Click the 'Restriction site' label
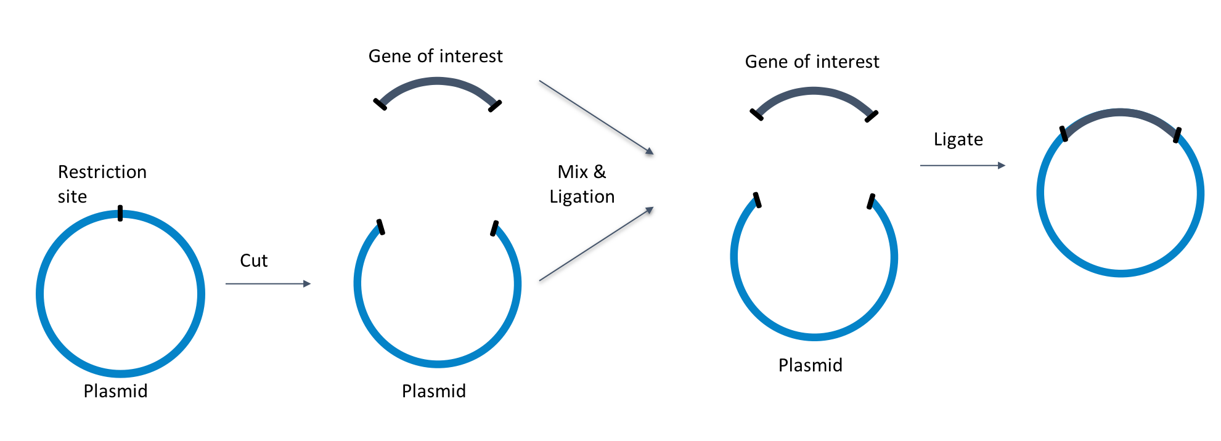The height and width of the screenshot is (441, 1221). pyautogui.click(x=102, y=184)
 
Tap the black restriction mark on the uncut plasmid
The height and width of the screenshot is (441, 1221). pyautogui.click(x=120, y=213)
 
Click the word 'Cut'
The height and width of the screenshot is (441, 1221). pyautogui.click(x=253, y=261)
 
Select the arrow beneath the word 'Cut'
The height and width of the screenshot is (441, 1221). pyautogui.click(x=268, y=284)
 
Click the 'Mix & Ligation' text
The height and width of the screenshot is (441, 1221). pyautogui.click(x=582, y=184)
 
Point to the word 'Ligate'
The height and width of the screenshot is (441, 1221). pyautogui.click(x=958, y=139)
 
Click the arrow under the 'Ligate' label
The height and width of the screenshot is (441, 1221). pyautogui.click(x=962, y=166)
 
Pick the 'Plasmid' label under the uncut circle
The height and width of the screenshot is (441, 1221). pyautogui.click(x=115, y=391)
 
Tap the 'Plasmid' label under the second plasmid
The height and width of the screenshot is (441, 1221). pyautogui.click(x=433, y=391)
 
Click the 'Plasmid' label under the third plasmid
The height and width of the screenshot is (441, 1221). pyautogui.click(x=810, y=365)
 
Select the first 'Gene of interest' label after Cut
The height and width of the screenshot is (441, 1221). pyautogui.click(x=435, y=56)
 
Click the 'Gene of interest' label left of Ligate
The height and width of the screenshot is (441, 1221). pyautogui.click(x=812, y=62)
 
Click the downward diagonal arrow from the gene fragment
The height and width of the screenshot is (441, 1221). pyautogui.click(x=596, y=117)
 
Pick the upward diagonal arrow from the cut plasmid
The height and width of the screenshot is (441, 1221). pyautogui.click(x=596, y=245)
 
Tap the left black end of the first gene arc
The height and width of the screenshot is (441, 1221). pyautogui.click(x=380, y=104)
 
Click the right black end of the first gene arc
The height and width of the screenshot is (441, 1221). pyautogui.click(x=495, y=106)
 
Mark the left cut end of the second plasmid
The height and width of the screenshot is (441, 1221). pyautogui.click(x=380, y=227)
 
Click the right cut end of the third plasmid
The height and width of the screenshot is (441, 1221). pyautogui.click(x=871, y=201)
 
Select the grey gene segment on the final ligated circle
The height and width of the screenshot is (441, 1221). pyautogui.click(x=1120, y=113)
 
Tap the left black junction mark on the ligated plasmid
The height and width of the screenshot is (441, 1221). pyautogui.click(x=1063, y=134)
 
